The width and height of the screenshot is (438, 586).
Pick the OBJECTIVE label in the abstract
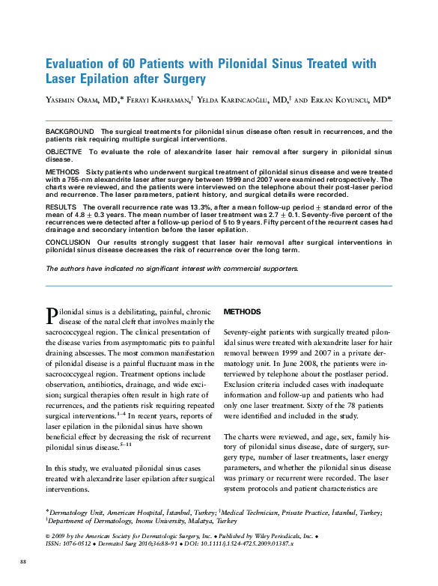pyautogui.click(x=64, y=152)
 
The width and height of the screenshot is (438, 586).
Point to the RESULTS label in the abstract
pyautogui.click(x=61, y=206)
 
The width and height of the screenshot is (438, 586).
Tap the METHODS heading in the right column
pyautogui.click(x=243, y=311)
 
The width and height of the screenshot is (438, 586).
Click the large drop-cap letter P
pyautogui.click(x=52, y=314)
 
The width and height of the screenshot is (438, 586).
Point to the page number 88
pyautogui.click(x=22, y=561)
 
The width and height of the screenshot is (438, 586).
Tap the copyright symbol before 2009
pyautogui.click(x=48, y=536)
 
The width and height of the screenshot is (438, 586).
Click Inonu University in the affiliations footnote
pyautogui.click(x=147, y=520)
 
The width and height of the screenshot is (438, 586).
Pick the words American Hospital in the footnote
pyautogui.click(x=133, y=513)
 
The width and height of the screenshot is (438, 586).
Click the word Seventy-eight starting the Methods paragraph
pyautogui.click(x=246, y=331)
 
